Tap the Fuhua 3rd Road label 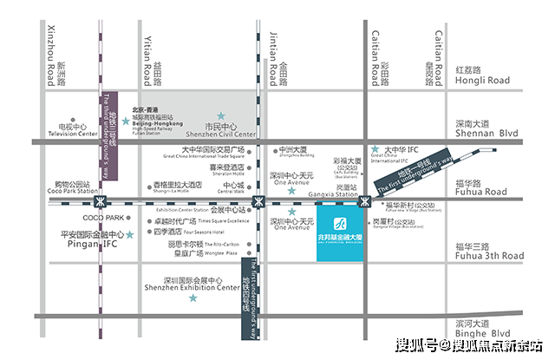(488, 256)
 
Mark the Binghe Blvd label (482, 332)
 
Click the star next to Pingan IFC (128, 234)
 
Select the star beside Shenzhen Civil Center (221, 115)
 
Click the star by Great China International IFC (375, 149)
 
